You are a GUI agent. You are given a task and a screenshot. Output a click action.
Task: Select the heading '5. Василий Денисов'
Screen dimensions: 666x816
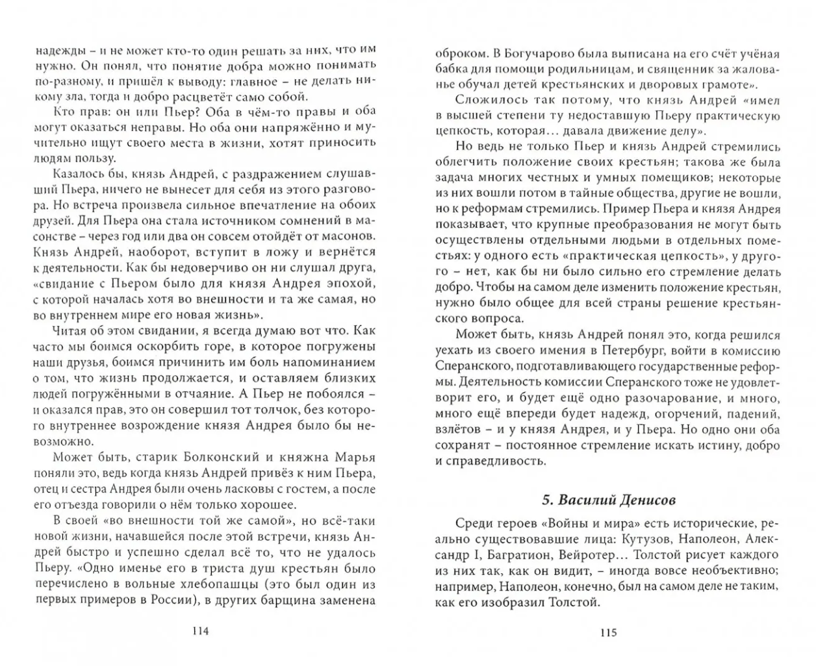[608, 500]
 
